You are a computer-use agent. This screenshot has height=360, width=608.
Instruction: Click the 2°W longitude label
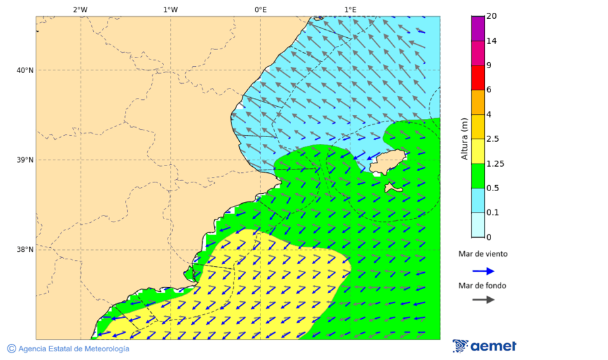[x=80, y=9]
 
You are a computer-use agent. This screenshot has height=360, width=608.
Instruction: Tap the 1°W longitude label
[x=170, y=9]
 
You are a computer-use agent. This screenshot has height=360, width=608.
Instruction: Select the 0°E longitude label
[x=260, y=9]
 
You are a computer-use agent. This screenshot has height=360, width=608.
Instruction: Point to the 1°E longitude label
[x=350, y=9]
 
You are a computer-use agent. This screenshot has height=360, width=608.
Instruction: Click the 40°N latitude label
[x=24, y=70]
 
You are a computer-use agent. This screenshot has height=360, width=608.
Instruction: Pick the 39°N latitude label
[x=24, y=160]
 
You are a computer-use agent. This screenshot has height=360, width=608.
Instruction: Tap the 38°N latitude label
[x=24, y=250]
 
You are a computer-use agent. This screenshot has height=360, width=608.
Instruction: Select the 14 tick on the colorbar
[x=492, y=41]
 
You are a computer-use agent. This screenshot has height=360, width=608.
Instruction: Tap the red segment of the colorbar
[x=478, y=78]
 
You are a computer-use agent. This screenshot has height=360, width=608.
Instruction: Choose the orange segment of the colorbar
[x=478, y=102]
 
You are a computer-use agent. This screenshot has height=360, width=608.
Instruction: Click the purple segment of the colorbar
[x=478, y=28]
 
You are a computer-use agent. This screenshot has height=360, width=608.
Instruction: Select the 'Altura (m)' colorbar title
[x=464, y=138]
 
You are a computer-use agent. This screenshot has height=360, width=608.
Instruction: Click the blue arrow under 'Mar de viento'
[x=483, y=271]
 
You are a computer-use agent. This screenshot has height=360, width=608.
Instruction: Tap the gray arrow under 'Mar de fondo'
[x=483, y=300]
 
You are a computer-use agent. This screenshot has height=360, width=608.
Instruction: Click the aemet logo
[x=484, y=346]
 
